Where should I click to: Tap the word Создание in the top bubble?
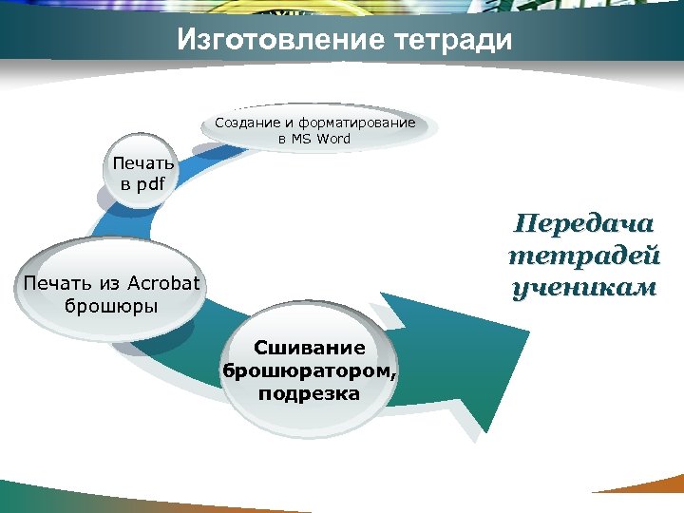pos(245,123)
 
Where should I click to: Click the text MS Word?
pos(321,139)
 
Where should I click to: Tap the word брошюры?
pos(111,306)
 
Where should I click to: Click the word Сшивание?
pos(308,349)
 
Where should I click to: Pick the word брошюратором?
pos(307,370)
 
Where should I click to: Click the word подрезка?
pos(308,392)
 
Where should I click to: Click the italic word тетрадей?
pos(582,256)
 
